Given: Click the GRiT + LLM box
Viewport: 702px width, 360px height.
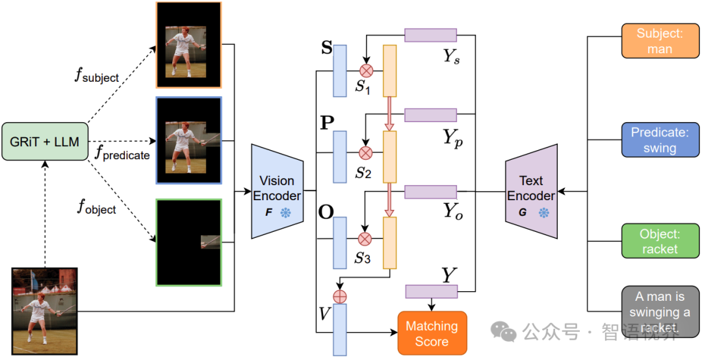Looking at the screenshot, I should (45, 142).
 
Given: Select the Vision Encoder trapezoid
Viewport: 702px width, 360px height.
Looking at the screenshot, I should (277, 191).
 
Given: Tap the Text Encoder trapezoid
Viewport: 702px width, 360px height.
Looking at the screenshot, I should (531, 191).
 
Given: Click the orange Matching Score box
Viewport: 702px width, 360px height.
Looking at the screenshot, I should (432, 333).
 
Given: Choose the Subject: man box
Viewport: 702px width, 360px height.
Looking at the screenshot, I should (660, 40).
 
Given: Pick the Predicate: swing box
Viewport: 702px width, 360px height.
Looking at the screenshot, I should (660, 140).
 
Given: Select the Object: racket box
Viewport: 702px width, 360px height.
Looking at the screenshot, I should (660, 240).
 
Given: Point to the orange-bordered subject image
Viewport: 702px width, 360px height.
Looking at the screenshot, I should (188, 45).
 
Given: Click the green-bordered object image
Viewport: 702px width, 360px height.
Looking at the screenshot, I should (188, 242).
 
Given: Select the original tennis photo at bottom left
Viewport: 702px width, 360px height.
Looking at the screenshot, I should (45, 311).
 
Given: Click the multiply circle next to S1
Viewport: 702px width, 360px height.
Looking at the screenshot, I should (365, 70).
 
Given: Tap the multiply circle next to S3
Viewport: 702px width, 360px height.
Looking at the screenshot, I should (365, 238).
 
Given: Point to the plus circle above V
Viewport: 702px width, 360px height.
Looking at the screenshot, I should (339, 296).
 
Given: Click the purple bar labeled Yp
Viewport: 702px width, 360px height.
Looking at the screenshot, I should (430, 115).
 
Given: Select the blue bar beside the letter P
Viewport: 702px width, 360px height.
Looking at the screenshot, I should (340, 157).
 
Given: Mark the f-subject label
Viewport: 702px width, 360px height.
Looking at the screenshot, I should (97, 77).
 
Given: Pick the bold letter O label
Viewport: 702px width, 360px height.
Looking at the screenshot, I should (325, 212).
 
